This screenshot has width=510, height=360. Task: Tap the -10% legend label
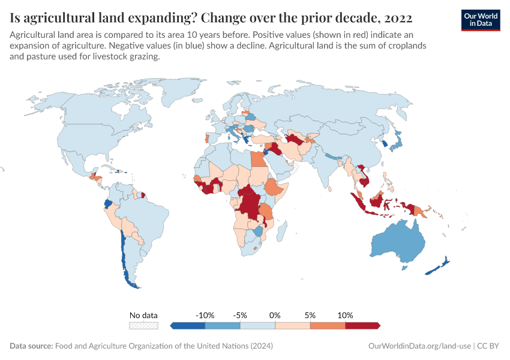coord(205,315)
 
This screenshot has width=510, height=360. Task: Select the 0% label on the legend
coord(275,315)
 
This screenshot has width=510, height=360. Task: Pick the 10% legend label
coord(345,315)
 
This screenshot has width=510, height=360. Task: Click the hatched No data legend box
coord(144,325)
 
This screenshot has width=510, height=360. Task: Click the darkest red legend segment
coord(362,325)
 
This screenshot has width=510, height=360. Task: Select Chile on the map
coord(124,252)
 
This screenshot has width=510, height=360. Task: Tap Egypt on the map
coord(257,160)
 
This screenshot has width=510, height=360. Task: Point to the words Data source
coord(31,346)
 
